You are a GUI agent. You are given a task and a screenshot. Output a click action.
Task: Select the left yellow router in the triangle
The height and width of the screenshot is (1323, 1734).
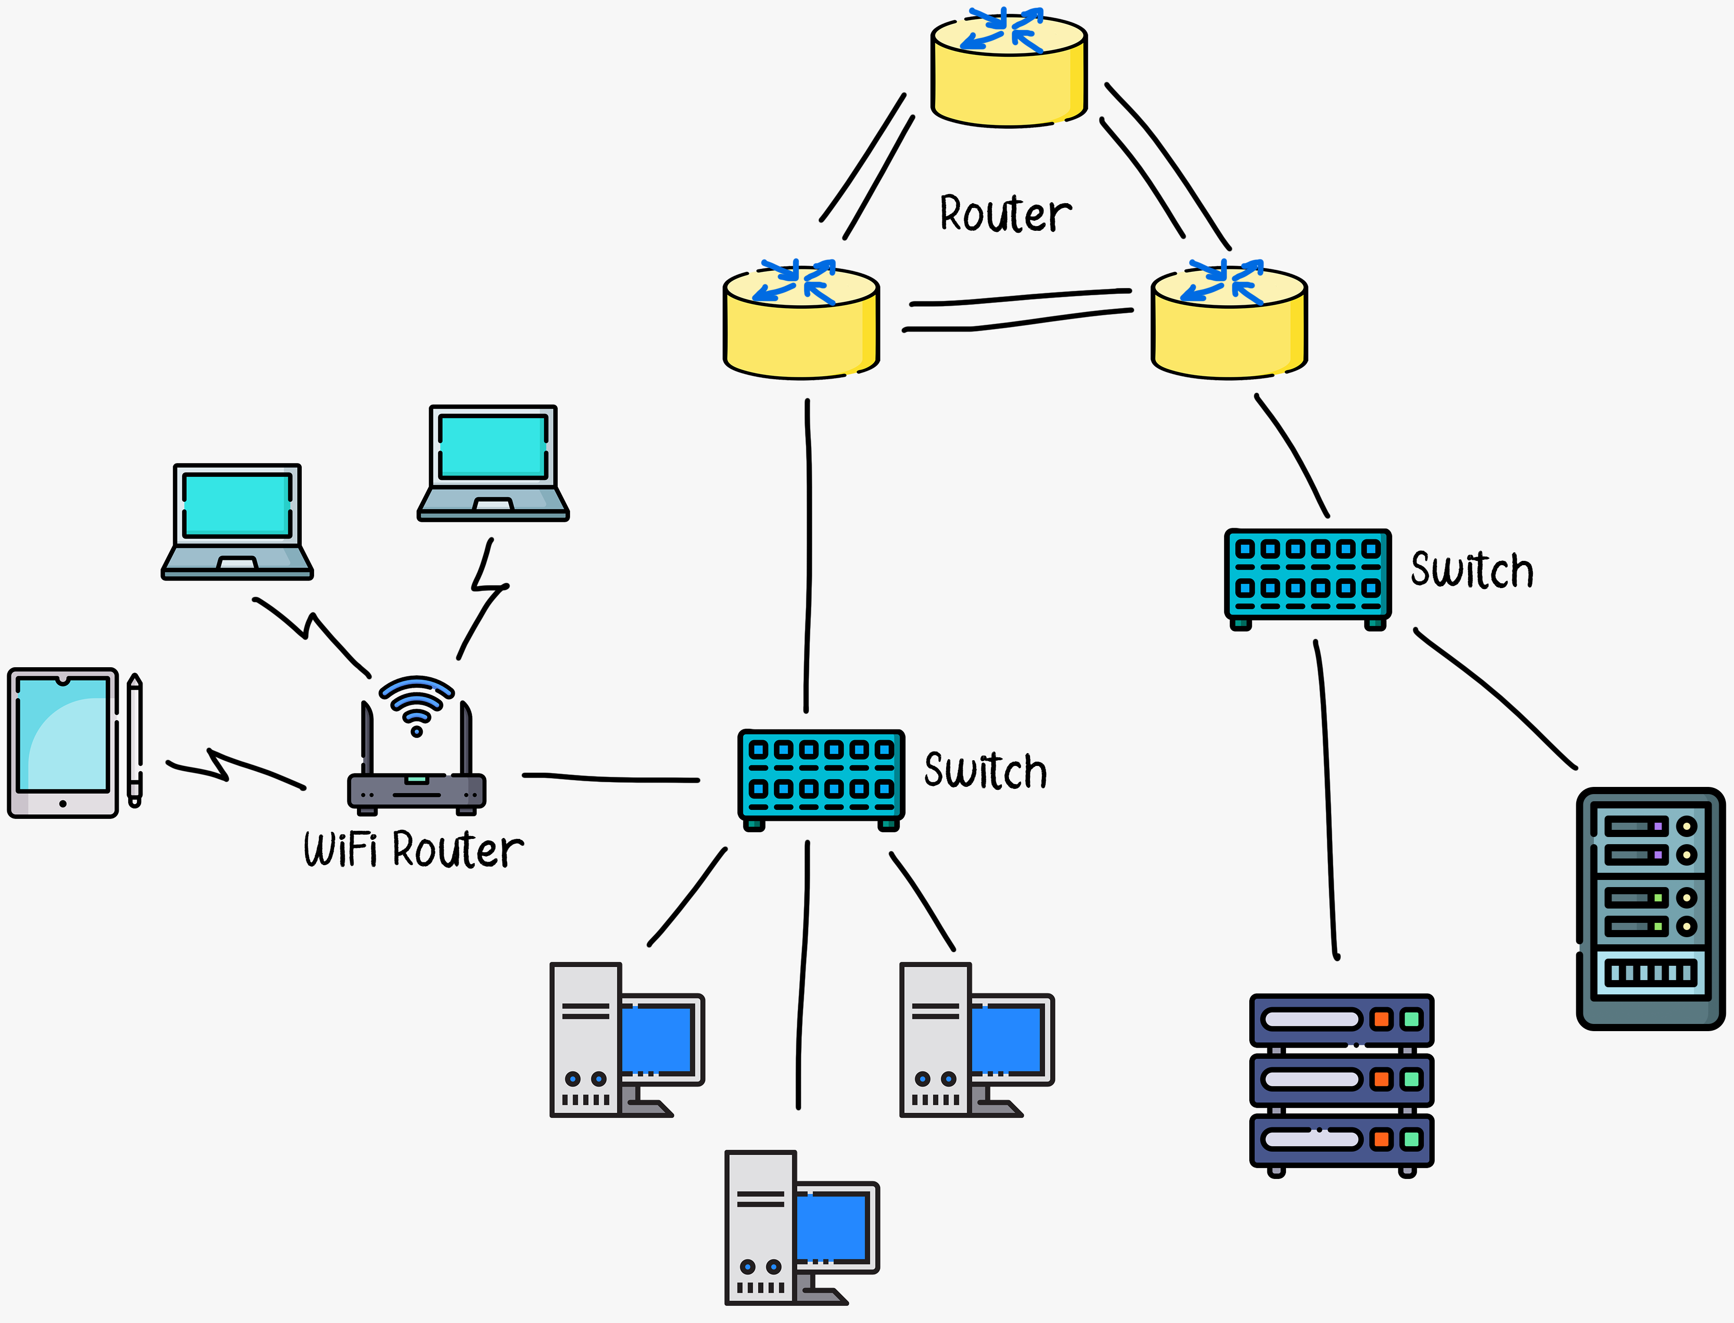(x=800, y=327)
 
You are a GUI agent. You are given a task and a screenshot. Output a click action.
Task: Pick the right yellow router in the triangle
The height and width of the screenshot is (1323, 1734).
(x=1229, y=327)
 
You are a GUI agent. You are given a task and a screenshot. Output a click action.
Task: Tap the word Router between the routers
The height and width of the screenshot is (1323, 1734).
(x=1005, y=214)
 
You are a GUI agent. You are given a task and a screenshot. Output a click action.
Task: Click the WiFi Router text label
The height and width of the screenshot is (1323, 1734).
(x=413, y=850)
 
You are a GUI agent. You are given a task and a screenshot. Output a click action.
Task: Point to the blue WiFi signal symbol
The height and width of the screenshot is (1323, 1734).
(x=417, y=701)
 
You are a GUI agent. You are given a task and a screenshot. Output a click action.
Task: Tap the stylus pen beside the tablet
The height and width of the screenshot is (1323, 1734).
(x=135, y=740)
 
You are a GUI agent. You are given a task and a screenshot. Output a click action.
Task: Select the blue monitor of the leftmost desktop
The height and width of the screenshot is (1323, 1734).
(x=658, y=1040)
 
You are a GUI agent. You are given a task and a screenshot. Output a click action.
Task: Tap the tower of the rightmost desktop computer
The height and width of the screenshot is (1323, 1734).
(x=935, y=1040)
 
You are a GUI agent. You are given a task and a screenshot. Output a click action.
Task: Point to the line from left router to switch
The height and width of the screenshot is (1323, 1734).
(x=808, y=551)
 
